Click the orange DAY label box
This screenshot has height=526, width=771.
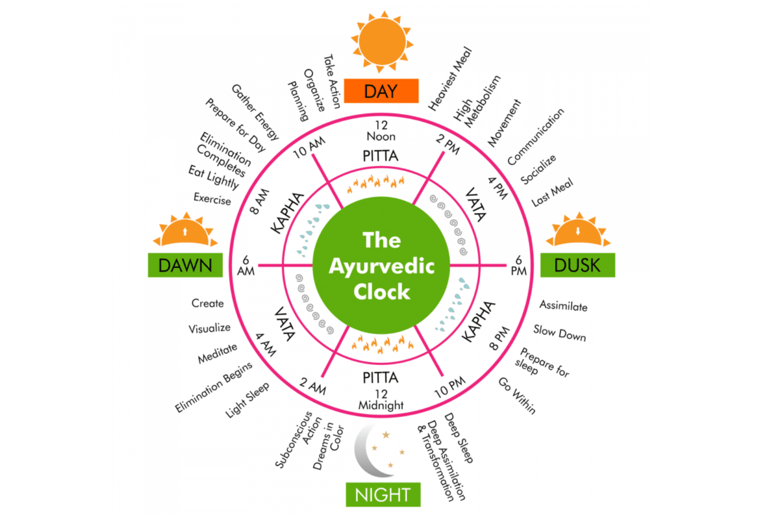click(x=381, y=91)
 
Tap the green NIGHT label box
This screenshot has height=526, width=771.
click(x=383, y=494)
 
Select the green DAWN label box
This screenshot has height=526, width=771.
click(x=185, y=265)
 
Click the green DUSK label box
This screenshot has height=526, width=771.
click(x=577, y=265)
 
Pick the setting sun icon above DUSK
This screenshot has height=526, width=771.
click(x=578, y=232)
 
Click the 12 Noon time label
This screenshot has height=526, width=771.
click(x=381, y=131)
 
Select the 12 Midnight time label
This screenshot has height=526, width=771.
click(x=381, y=400)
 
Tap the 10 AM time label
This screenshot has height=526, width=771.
click(x=309, y=147)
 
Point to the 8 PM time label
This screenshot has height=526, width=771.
click(x=499, y=339)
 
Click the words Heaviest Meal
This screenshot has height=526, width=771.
click(x=450, y=79)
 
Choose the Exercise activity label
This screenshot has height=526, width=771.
click(x=212, y=199)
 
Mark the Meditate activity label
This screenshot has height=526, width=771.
click(x=217, y=353)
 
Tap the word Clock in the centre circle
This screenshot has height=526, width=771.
click(x=381, y=292)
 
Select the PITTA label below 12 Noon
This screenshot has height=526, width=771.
click(x=380, y=156)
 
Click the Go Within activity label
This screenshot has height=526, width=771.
click(x=517, y=396)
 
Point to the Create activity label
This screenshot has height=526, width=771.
click(x=207, y=303)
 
